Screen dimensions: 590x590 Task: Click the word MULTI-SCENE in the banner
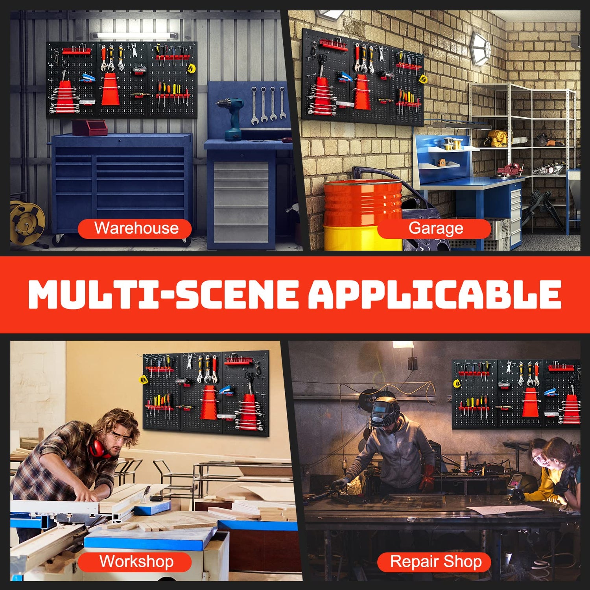[x=163, y=294]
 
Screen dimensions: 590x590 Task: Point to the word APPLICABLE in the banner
[x=435, y=294]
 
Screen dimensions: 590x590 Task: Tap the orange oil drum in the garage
[x=362, y=203]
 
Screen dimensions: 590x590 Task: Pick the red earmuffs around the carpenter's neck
[x=98, y=448]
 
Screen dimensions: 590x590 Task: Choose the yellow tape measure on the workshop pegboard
[x=144, y=380]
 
